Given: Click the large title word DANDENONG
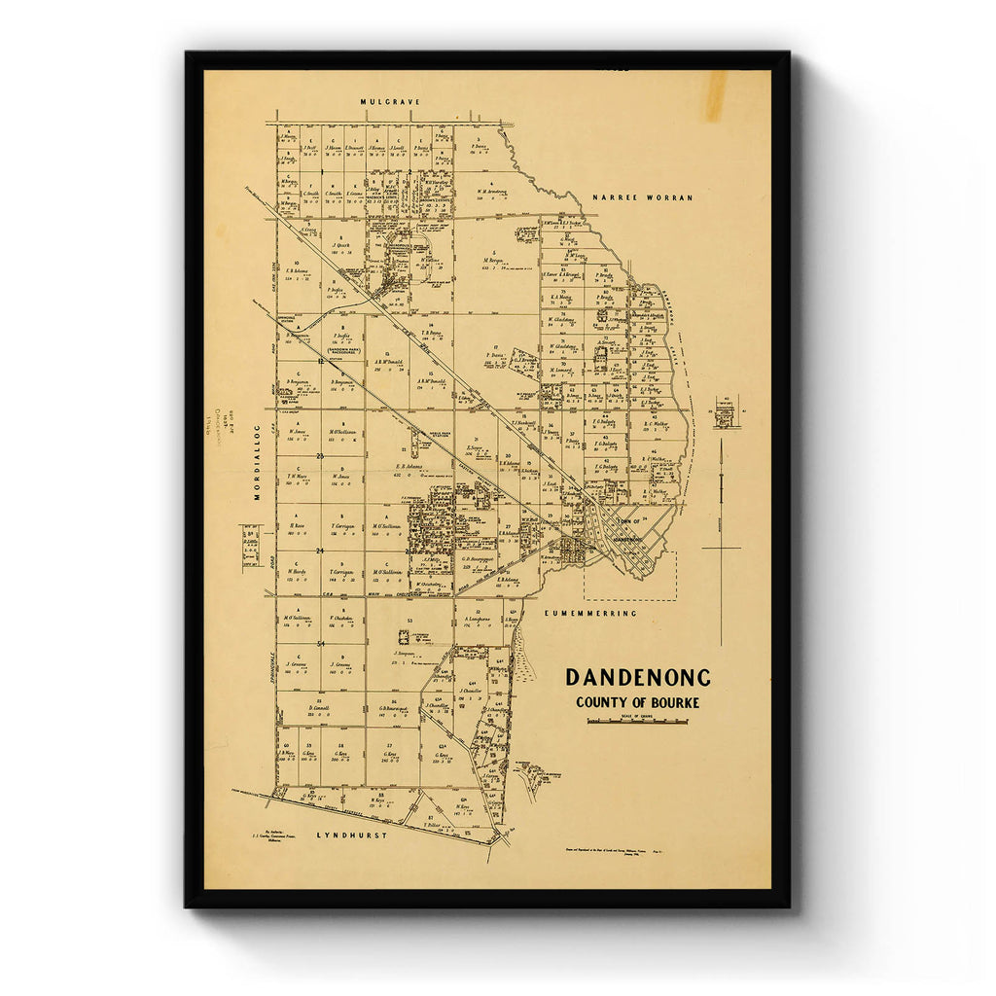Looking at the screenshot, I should (638, 677).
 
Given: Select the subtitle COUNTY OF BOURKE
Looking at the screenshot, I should (637, 702).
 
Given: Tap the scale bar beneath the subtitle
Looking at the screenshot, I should (637, 722).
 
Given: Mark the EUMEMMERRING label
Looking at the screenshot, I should (590, 614).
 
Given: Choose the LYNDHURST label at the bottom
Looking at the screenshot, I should (351, 836).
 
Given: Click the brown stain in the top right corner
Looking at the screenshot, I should (715, 95).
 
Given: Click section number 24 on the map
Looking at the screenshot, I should (319, 550).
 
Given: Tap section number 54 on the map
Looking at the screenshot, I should (319, 644).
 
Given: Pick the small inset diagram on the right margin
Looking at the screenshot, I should (725, 411).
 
